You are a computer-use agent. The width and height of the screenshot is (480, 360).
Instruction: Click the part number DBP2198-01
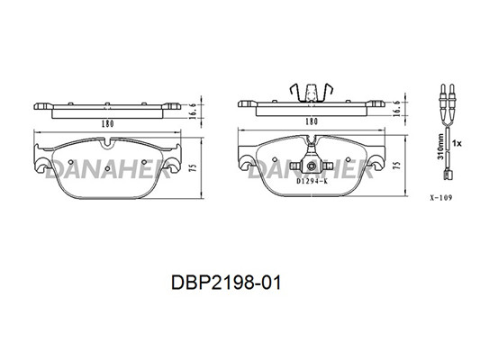pos(226,283)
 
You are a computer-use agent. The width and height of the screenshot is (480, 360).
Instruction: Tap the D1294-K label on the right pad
pos(312,181)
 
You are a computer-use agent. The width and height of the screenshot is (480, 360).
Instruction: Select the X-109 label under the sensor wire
pos(441,198)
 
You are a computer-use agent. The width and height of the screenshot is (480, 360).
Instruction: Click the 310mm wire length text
pos(440,146)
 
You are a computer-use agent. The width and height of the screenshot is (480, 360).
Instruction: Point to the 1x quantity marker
pos(457,143)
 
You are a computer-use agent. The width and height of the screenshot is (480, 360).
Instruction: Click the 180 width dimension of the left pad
pos(107,124)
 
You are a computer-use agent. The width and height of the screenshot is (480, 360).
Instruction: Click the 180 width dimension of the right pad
pos(312,121)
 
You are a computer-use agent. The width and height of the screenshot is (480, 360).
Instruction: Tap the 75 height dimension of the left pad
pos(193,167)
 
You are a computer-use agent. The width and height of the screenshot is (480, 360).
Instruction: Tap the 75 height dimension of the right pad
pos(396,166)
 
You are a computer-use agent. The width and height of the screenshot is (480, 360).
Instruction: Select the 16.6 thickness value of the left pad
pos(193,111)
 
